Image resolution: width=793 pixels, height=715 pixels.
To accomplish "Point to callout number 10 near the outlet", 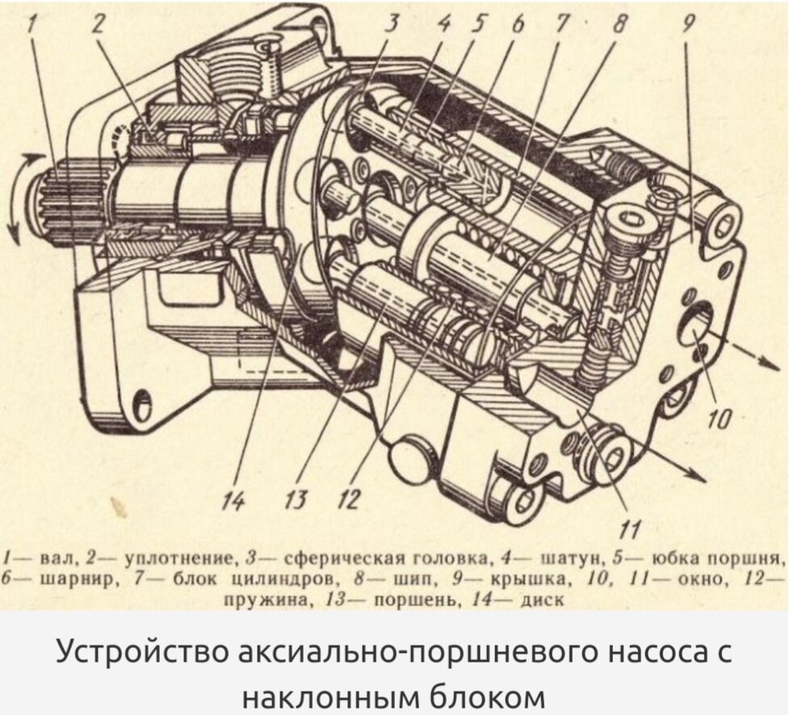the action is (x=720, y=418).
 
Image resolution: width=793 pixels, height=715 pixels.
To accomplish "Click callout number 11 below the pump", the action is (x=631, y=529).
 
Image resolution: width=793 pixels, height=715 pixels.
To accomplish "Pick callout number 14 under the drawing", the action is (x=233, y=500).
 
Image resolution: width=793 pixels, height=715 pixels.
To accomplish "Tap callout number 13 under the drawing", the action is (x=295, y=500).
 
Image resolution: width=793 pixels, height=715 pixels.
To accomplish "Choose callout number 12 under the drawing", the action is (x=349, y=500).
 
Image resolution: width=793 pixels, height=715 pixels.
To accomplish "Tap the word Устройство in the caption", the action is (x=143, y=654).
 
